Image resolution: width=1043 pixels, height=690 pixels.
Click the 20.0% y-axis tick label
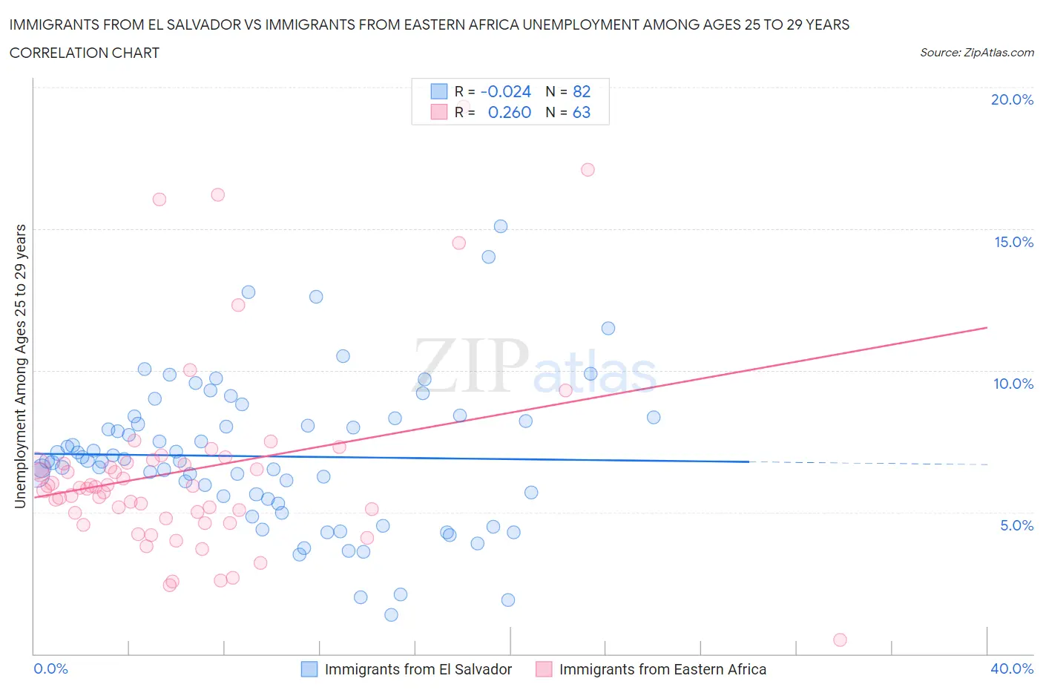[1012, 99]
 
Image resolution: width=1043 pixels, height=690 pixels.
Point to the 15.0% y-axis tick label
[1013, 242]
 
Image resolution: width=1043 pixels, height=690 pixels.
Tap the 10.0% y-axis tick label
[1013, 384]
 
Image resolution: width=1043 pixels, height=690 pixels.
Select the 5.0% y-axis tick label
[1016, 525]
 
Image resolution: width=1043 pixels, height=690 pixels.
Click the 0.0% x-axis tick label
[50, 668]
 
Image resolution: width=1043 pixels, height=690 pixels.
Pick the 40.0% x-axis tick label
[1012, 668]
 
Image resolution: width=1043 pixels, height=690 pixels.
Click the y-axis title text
[21, 366]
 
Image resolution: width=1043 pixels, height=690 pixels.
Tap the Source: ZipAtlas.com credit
[976, 52]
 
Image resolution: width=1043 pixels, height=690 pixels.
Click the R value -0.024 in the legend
[506, 91]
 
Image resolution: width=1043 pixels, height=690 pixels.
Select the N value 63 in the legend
[582, 112]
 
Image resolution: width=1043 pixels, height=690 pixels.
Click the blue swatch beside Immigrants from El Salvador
[309, 669]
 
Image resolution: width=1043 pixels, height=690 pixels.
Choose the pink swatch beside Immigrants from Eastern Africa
[544, 669]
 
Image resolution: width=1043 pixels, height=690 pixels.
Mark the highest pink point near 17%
[588, 169]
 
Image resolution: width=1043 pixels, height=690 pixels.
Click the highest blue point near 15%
[501, 226]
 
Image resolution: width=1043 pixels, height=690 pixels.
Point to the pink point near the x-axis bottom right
[840, 640]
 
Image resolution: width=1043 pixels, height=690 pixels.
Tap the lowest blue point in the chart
[391, 614]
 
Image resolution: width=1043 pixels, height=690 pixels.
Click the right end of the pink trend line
[987, 327]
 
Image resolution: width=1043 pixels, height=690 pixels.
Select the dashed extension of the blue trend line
[868, 463]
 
